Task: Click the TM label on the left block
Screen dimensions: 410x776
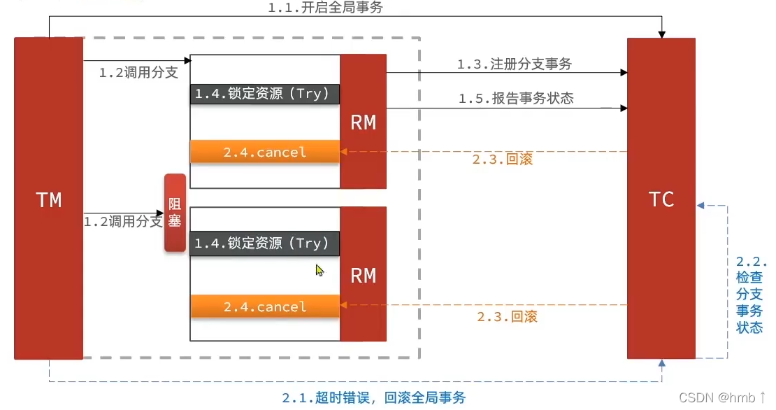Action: coord(49,200)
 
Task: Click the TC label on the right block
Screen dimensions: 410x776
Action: coord(661,199)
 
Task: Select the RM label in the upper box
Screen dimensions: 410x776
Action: coord(363,122)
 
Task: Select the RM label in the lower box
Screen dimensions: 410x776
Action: coord(363,275)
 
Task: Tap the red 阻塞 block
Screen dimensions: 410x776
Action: coord(175,212)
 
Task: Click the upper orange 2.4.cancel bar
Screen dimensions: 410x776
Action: coord(265,152)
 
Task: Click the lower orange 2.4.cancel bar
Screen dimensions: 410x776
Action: coord(265,306)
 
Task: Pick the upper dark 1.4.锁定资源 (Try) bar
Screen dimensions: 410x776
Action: coord(265,94)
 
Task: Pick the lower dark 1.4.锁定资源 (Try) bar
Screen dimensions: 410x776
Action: coord(265,243)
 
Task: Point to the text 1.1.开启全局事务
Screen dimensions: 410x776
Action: coord(326,8)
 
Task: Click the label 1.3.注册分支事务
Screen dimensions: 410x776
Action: coord(515,64)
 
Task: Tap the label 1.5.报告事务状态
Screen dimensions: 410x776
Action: coord(516,99)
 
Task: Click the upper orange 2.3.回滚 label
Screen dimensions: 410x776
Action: coord(502,160)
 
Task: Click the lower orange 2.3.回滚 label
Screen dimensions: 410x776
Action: coord(507,317)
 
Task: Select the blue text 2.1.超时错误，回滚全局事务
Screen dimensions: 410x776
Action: coord(373,398)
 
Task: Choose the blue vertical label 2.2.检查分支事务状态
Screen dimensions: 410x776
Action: coord(751,295)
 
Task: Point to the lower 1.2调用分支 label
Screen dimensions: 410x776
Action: coord(123,222)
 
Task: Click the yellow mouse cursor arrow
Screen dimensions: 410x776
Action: coord(319,270)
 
